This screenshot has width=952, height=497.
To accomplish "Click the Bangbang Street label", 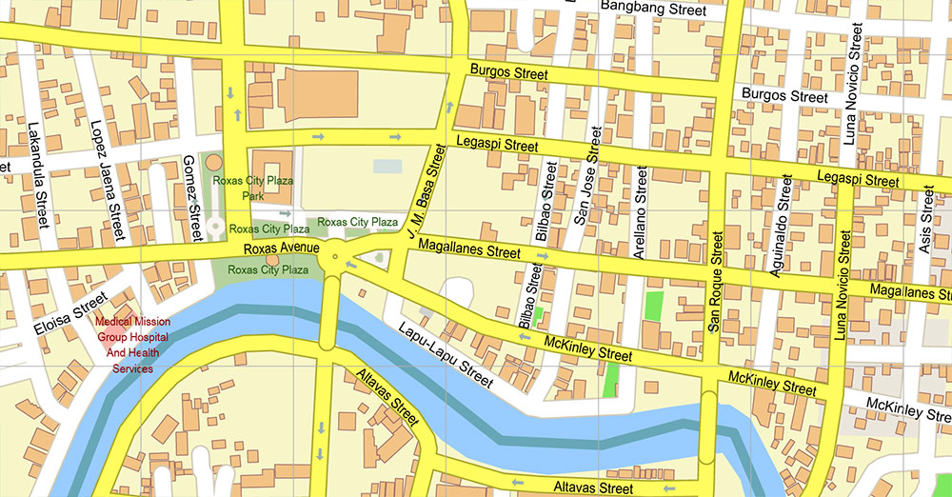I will pyautogui.click(x=652, y=9).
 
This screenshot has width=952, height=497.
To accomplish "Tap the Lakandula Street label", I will pyautogui.click(x=38, y=176).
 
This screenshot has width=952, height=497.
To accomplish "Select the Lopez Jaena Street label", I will pyautogui.click(x=107, y=180).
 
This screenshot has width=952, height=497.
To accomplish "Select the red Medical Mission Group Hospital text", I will pyautogui.click(x=133, y=345).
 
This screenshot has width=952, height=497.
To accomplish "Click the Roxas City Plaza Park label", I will pyautogui.click(x=253, y=188).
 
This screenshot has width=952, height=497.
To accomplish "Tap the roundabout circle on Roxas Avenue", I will pyautogui.click(x=334, y=258).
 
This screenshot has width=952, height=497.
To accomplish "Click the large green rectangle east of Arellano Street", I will pyautogui.click(x=653, y=306).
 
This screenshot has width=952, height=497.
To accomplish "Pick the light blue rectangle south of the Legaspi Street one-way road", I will pyautogui.click(x=387, y=166).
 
